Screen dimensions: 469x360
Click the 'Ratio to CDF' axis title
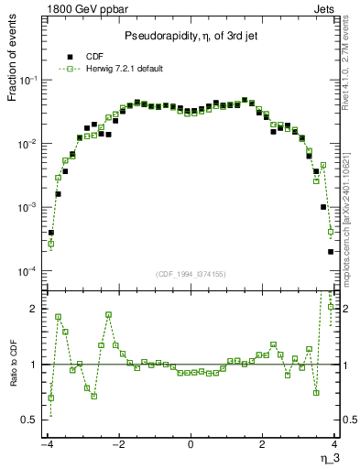tap(13, 376)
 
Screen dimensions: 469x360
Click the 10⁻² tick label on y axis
tap(30, 144)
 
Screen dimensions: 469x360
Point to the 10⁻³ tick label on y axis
tap(30, 208)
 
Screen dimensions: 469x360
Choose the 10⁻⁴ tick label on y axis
tap(30, 272)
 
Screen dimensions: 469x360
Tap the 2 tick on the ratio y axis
tap(36, 309)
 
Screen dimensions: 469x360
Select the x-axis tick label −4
tap(46, 443)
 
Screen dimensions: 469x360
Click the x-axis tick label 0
tap(191, 443)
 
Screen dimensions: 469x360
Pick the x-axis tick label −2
tap(117, 443)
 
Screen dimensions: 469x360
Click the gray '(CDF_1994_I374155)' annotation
tap(191, 274)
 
